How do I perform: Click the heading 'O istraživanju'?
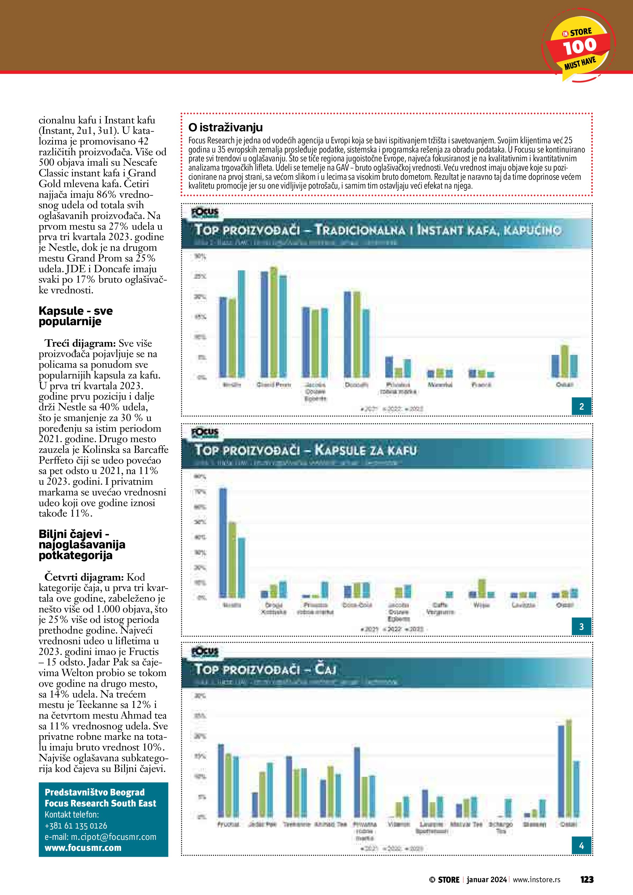[x=225, y=127]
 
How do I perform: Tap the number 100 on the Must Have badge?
[x=580, y=46]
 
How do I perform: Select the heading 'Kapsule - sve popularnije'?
[x=76, y=316]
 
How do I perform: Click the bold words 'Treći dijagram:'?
[x=80, y=344]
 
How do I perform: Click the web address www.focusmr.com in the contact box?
[x=83, y=848]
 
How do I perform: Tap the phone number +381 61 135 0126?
[x=76, y=825]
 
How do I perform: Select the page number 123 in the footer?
[x=587, y=879]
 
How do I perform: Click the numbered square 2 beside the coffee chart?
[x=582, y=407]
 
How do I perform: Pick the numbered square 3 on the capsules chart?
[x=582, y=627]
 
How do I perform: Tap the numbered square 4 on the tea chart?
[x=582, y=846]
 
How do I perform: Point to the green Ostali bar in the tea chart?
[x=569, y=768]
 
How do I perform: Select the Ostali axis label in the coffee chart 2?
[x=564, y=385]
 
